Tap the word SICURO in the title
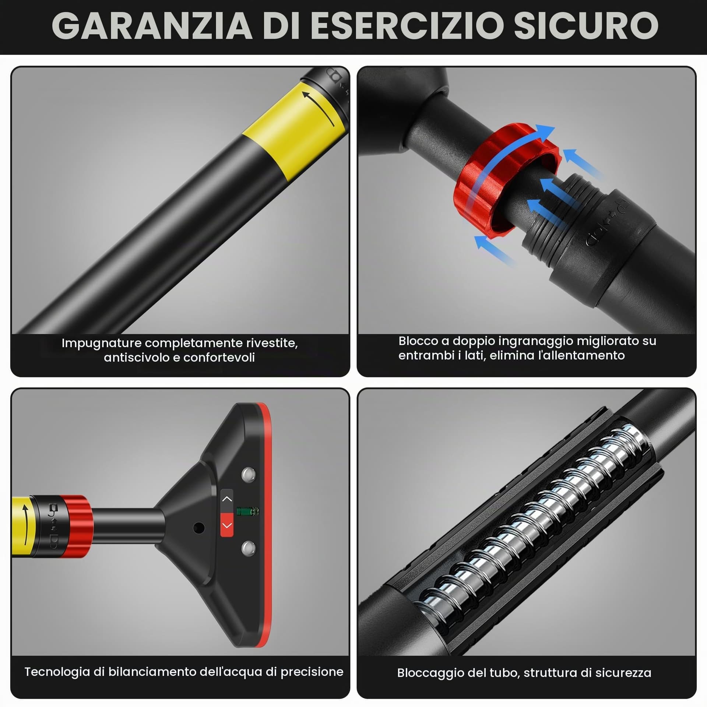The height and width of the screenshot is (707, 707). click(586, 25)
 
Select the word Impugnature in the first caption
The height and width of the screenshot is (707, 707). click(101, 344)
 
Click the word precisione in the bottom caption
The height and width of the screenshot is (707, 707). click(312, 672)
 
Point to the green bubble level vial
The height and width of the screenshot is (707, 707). click(248, 511)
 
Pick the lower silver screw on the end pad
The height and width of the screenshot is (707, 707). click(249, 548)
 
